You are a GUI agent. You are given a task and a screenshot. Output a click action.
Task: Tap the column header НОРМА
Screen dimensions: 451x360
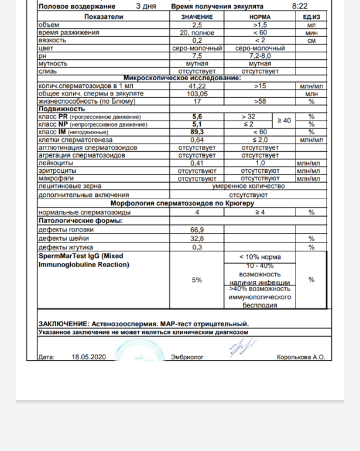point(260,17)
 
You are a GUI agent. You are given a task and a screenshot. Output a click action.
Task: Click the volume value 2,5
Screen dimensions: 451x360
point(197,25)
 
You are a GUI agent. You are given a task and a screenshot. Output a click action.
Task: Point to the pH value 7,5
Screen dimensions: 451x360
point(197,56)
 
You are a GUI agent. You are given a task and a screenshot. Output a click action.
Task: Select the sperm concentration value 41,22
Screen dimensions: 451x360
point(197,86)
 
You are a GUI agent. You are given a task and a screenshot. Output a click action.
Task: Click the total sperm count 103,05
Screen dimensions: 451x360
point(197,94)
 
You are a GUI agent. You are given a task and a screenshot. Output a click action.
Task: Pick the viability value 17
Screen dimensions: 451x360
point(197,101)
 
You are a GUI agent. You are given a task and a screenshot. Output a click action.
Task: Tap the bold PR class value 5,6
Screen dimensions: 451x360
point(197,117)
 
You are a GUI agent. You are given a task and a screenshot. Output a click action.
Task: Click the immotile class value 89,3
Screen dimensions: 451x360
point(197,132)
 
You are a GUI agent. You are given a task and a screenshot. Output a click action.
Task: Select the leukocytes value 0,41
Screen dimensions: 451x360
point(197,162)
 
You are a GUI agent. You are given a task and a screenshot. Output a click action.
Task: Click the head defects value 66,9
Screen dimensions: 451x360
point(197,230)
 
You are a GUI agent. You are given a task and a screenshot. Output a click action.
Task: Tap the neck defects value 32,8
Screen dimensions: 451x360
point(197,238)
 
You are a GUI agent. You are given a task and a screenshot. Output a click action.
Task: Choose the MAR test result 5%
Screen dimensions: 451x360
point(197,280)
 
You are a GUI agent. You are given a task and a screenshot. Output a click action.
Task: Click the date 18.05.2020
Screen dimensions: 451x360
point(89,357)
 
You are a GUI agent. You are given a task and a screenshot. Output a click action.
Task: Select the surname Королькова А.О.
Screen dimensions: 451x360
point(300,357)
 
